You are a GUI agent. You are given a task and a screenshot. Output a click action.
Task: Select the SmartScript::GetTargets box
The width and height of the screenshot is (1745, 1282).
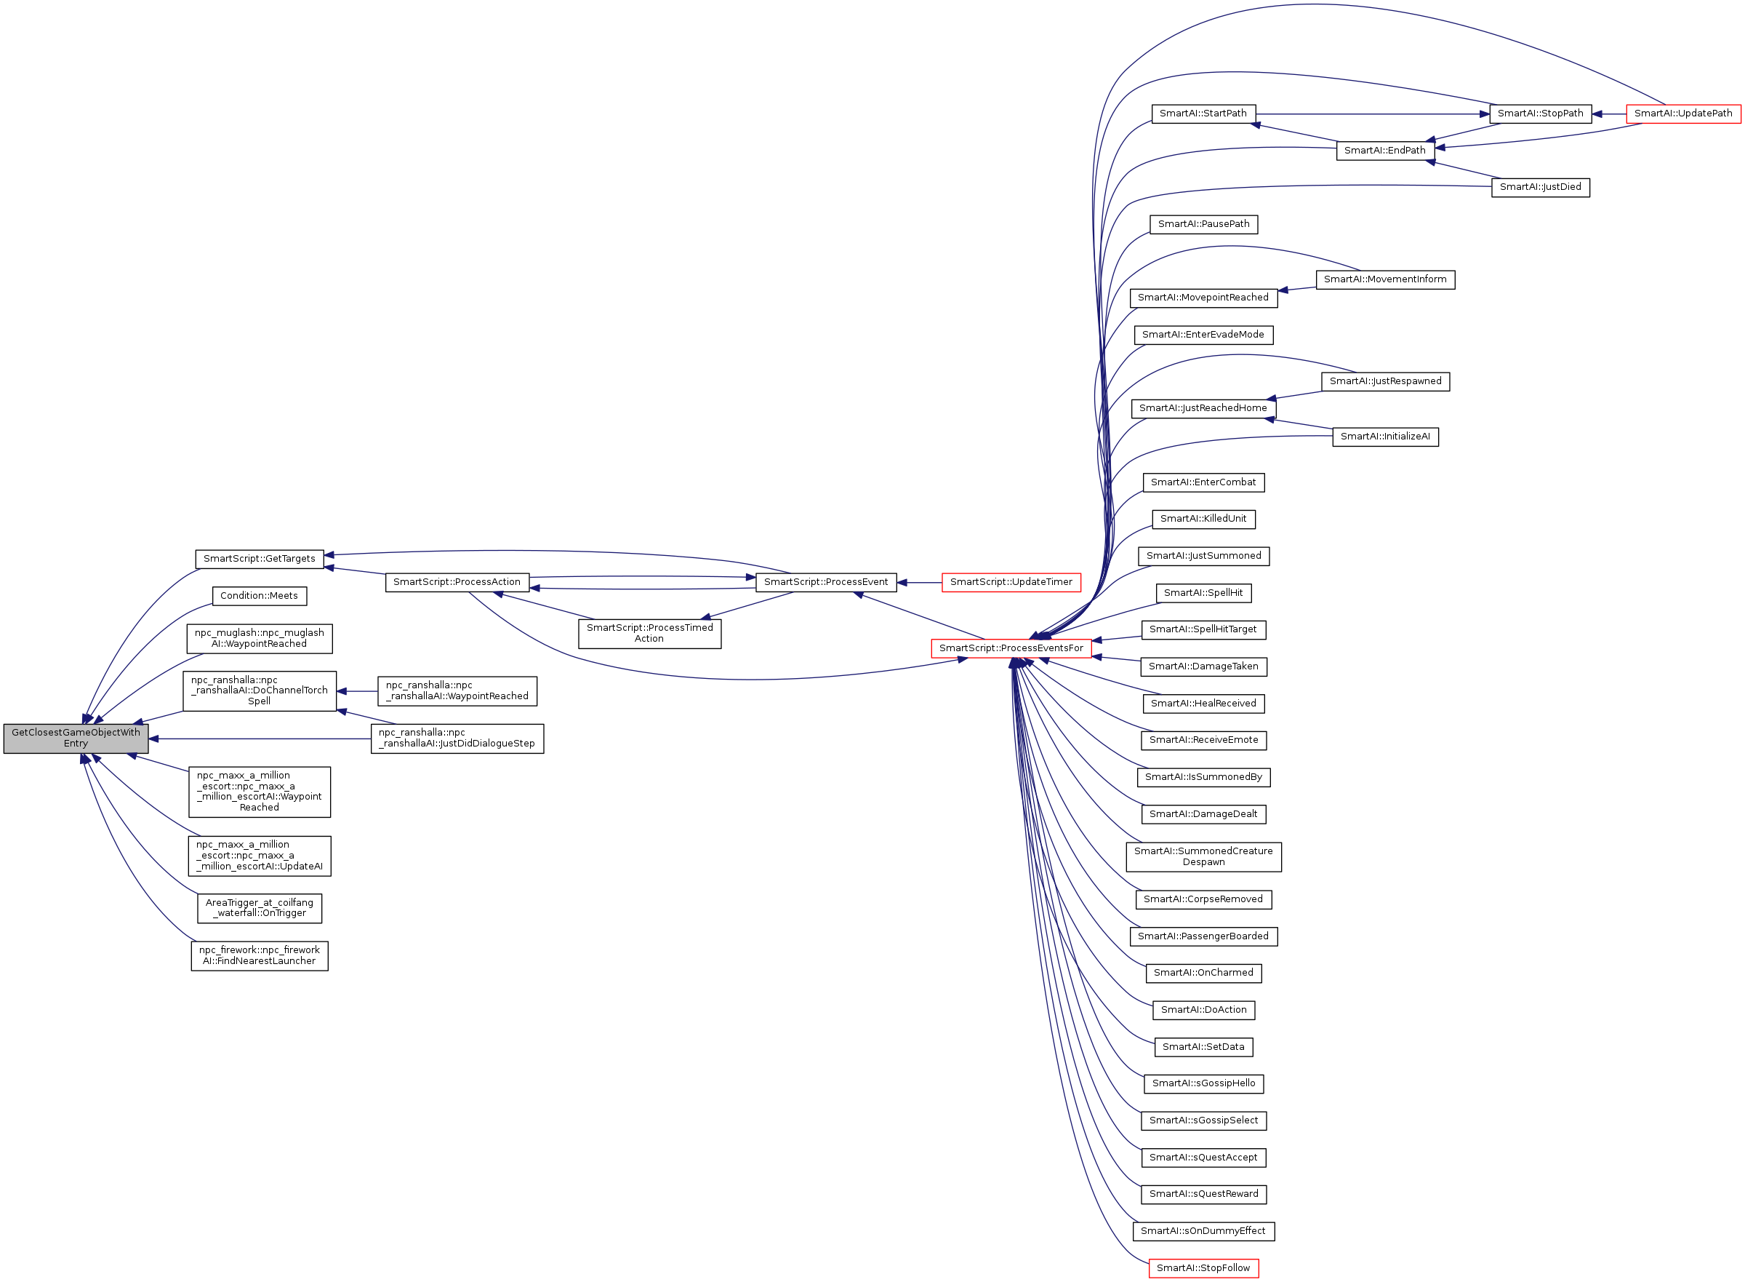click(x=259, y=559)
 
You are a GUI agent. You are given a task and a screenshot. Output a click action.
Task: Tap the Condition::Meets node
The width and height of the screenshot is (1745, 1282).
click(x=259, y=596)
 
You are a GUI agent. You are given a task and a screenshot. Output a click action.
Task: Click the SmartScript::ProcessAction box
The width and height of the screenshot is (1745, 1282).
click(x=457, y=582)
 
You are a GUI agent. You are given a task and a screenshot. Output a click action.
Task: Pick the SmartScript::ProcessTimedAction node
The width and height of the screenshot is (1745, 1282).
click(x=649, y=633)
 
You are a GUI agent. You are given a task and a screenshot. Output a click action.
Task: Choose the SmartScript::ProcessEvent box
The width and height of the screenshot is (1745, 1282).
click(x=825, y=582)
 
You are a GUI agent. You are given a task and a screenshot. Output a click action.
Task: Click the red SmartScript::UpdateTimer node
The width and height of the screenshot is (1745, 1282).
click(x=1011, y=582)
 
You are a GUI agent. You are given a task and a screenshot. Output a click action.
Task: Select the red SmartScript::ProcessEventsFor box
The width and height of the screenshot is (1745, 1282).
click(x=1011, y=648)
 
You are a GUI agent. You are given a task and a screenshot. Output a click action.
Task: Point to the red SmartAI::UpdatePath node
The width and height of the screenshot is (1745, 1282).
click(x=1682, y=114)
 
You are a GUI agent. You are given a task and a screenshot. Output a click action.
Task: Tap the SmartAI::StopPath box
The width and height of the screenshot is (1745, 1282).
click(x=1539, y=114)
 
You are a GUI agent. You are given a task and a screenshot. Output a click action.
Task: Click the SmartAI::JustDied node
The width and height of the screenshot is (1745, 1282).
click(x=1539, y=187)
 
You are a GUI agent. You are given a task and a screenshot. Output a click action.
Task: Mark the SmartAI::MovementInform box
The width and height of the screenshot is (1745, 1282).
click(x=1384, y=279)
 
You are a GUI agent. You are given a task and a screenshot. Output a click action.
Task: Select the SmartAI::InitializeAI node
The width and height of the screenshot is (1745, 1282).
click(x=1384, y=437)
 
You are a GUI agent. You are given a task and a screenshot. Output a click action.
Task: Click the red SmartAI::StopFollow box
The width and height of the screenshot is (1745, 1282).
click(x=1203, y=1268)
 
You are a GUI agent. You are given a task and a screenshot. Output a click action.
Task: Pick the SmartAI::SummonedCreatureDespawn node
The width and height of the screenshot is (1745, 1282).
click(x=1203, y=857)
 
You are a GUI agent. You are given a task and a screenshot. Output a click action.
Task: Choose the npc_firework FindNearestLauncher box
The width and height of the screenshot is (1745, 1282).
click(x=259, y=955)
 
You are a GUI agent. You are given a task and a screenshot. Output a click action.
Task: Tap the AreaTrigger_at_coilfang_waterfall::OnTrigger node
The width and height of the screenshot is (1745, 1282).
click(x=259, y=908)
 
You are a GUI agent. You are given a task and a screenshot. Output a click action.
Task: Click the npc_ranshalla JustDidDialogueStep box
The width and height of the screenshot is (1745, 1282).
click(x=457, y=738)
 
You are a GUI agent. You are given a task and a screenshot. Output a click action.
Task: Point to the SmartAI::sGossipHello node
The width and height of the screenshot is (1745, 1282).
click(x=1203, y=1083)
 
